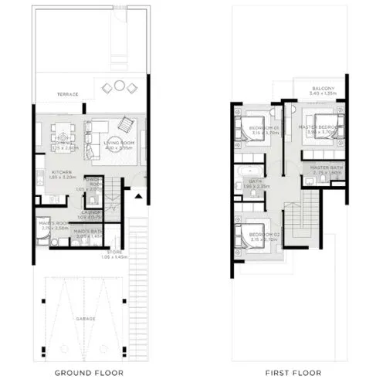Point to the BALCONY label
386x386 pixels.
pyautogui.click(x=323, y=90)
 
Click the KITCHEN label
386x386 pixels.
pyautogui.click(x=62, y=172)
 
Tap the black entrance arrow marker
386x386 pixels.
pyautogui.click(x=138, y=195)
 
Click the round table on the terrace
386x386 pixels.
pyautogui.click(x=119, y=86)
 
